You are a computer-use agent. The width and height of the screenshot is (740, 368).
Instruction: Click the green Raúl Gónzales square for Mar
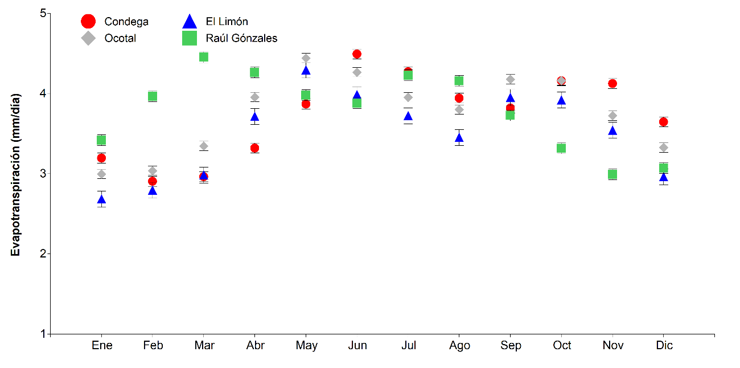204,56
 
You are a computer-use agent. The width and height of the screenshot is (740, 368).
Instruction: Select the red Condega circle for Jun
357,54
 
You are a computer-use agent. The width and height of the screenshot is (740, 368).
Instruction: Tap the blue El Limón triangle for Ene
101,199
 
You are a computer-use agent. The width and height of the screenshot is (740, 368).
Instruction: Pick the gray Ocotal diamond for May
306,58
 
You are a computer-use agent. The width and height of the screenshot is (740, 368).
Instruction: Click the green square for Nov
612,174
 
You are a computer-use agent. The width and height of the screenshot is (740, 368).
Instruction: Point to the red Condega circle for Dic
663,122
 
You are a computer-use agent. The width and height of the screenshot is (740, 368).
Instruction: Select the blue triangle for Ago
459,138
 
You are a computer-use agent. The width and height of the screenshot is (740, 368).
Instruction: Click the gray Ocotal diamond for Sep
510,79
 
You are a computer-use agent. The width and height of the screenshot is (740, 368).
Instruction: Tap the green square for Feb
153,96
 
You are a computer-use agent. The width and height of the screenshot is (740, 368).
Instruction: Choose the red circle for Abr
254,148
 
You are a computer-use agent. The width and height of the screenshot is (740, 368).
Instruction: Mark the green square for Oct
561,148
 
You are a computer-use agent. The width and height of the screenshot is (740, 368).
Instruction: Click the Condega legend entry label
126,22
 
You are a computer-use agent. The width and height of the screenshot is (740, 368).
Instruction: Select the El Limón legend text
227,22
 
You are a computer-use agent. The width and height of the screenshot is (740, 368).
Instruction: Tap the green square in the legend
189,38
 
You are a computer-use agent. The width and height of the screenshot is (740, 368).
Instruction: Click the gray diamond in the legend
88,38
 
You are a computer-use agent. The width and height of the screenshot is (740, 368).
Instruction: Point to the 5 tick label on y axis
43,13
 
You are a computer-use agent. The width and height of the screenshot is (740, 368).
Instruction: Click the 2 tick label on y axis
43,253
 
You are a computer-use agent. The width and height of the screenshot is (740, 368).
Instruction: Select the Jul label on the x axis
408,346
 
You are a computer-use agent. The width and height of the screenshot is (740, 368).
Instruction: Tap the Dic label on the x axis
663,346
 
